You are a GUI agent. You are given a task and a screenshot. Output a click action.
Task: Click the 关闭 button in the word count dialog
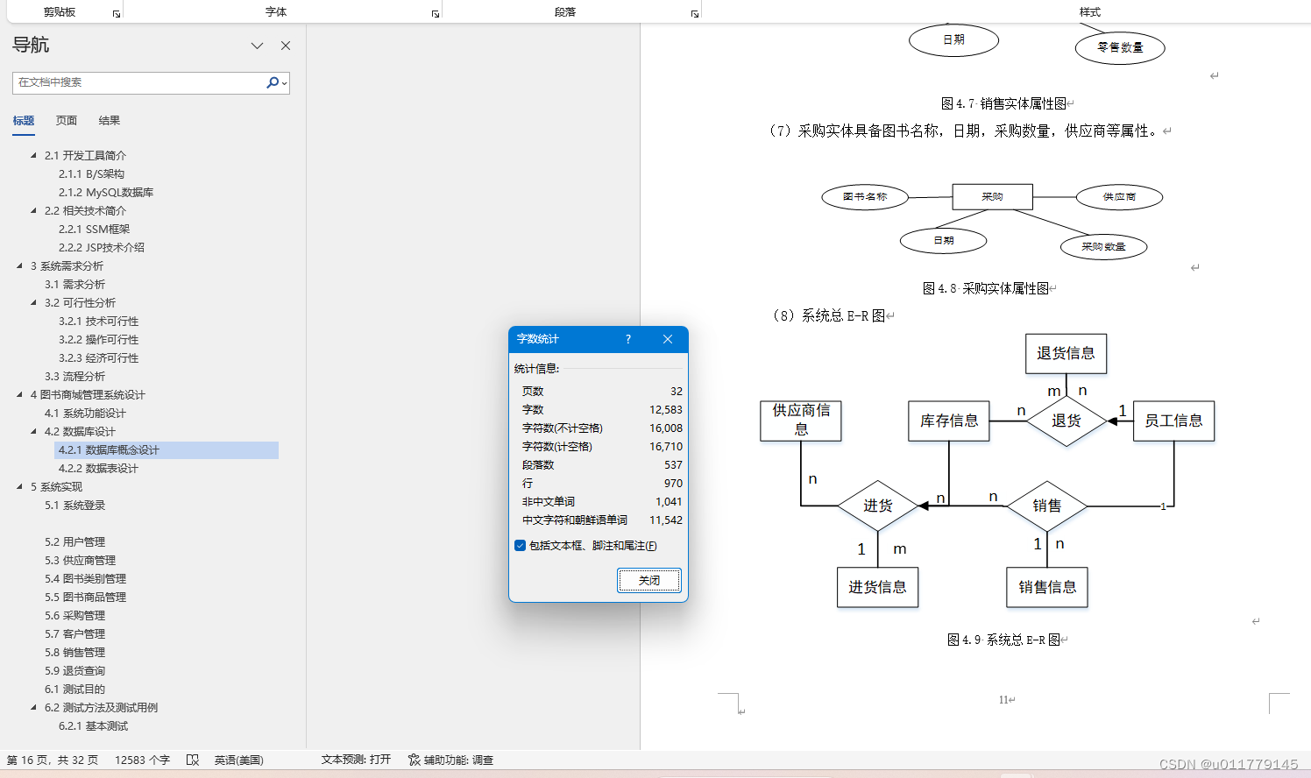coord(648,580)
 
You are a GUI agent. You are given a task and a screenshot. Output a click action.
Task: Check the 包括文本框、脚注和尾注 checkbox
coord(521,546)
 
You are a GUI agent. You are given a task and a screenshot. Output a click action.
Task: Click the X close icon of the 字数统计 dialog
coord(668,339)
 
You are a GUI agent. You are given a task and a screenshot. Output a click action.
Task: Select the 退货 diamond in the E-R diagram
coord(1066,421)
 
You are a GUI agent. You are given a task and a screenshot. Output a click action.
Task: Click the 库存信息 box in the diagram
coord(949,421)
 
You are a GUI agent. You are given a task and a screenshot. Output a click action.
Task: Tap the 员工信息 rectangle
coord(1173,421)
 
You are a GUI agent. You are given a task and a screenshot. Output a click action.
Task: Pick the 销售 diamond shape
coord(1046,506)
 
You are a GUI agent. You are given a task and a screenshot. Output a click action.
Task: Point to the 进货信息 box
coord(877,587)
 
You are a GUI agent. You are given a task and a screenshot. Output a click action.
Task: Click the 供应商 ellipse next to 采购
coord(1119,197)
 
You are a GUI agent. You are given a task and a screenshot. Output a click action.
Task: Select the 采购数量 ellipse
coord(1102,247)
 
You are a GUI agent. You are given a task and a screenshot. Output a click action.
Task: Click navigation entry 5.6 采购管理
coord(74,616)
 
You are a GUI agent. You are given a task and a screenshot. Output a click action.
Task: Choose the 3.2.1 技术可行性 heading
coord(98,322)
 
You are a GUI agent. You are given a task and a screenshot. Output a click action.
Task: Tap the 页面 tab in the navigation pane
coord(67,121)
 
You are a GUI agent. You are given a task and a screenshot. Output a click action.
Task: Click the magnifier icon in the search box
coord(273,82)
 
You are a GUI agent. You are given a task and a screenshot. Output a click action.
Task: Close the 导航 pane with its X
coord(286,46)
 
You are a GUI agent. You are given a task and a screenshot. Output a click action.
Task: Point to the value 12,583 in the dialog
coord(665,410)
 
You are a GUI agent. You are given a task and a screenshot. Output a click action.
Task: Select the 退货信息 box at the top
coord(1066,353)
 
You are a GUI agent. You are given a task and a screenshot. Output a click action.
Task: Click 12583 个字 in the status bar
coord(142,760)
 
